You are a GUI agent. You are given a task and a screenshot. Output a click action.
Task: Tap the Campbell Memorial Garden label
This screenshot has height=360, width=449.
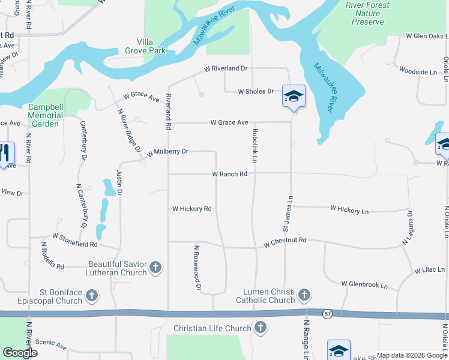pos(46,115)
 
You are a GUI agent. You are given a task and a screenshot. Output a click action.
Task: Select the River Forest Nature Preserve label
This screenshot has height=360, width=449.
pos(367,13)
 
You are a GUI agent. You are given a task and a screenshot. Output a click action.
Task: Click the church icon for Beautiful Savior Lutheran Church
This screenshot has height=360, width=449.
pos(155,267)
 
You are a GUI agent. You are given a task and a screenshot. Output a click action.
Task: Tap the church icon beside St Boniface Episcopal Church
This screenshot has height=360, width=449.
pos(92,295)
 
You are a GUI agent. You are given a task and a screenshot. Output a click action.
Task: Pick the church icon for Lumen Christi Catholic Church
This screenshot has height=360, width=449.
pos(304,295)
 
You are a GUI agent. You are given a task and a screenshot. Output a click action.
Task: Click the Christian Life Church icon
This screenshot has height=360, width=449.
pos(260,328)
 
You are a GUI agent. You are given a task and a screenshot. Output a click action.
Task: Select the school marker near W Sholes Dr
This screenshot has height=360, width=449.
pos(294,97)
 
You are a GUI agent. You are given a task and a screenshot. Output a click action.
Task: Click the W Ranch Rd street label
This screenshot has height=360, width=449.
pos(229,174)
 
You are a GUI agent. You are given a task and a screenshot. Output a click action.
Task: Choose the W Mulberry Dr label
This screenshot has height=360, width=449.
pos(167,152)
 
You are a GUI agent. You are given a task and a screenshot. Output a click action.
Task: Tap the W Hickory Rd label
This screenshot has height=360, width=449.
pos(192,209)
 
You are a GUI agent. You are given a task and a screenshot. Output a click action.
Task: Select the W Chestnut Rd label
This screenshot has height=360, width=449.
pos(285,240)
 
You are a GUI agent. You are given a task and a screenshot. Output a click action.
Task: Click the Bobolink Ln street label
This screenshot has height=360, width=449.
pos(255,146)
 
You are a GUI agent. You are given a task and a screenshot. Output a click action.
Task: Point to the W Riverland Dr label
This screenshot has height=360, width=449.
pos(226,68)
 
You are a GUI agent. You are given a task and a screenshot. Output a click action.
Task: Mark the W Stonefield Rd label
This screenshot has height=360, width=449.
pos(74,241)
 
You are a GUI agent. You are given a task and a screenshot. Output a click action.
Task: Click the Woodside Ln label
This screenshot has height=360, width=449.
pos(418,72)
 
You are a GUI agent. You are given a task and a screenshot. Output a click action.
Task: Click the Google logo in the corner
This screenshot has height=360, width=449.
pos(20,353)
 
